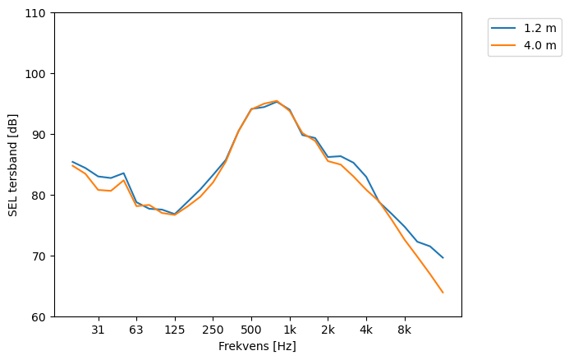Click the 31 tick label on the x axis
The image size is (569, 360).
click(98, 330)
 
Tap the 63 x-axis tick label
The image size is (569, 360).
click(136, 330)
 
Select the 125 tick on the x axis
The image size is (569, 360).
click(174, 330)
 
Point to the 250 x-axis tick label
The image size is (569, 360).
click(213, 330)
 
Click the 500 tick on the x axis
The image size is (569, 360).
click(251, 330)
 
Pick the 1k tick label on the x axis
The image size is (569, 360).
click(289, 330)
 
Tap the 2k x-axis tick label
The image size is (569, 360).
click(328, 330)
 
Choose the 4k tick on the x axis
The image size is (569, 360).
click(366, 330)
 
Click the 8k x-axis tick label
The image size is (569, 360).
click(404, 330)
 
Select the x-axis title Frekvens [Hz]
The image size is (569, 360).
click(257, 347)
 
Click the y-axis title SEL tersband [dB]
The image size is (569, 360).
click(13, 165)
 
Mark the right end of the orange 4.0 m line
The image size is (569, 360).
click(443, 293)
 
